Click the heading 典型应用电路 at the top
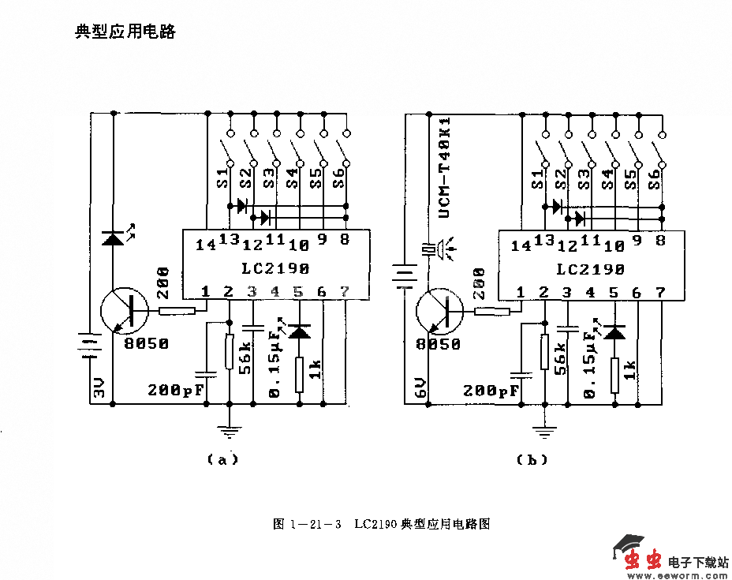coord(125,32)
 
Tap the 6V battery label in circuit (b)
coord(420,387)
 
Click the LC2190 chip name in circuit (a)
coord(277,268)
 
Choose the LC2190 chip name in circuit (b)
coord(591,269)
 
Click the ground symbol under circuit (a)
coord(230,431)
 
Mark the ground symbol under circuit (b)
coord(544,431)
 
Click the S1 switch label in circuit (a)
coord(223,178)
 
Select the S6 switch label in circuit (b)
coord(654,178)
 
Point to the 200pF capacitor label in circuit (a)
coord(176,390)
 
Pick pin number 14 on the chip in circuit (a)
coord(206,245)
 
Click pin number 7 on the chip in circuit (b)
coord(660,292)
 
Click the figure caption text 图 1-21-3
coord(307,524)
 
